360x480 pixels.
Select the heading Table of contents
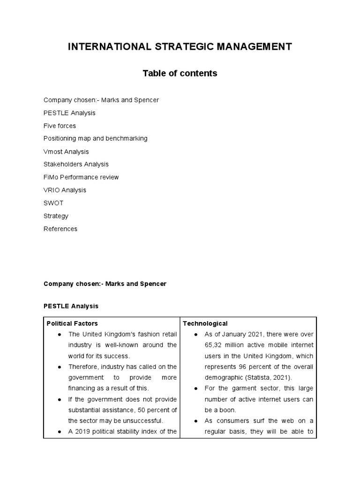pos(180,73)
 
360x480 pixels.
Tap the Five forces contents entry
pos(60,126)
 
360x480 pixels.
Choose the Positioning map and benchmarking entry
pos(95,138)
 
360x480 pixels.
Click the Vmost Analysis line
pos(66,151)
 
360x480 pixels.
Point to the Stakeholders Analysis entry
pos(76,164)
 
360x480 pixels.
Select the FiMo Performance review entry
pos(81,177)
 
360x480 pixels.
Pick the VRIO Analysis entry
pos(65,190)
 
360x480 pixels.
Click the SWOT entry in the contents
pos(53,203)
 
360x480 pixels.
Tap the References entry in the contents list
pos(60,229)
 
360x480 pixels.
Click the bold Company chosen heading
pos(105,284)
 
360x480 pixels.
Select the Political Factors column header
pos(72,323)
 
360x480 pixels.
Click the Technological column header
pos(205,323)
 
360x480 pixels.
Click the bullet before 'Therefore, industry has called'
pos(59,367)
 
